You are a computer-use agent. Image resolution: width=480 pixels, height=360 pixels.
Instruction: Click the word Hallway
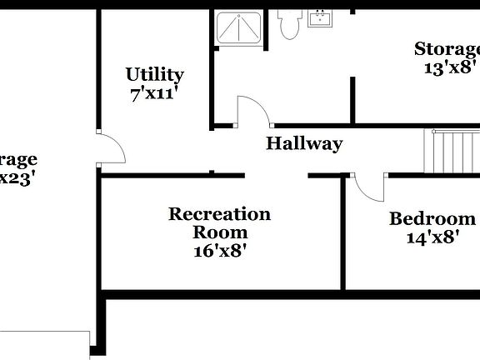coord(304,143)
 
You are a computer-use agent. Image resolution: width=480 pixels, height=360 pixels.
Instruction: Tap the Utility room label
coord(154,74)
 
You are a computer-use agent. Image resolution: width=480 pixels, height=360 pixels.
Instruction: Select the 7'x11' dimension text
coord(154,93)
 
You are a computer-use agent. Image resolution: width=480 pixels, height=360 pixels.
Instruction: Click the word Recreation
coord(219,214)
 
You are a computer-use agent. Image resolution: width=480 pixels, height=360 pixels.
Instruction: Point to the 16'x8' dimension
coord(219,249)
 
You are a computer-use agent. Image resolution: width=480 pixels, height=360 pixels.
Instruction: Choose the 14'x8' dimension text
coord(432,237)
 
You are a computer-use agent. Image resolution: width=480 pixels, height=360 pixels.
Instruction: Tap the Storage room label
coord(447,48)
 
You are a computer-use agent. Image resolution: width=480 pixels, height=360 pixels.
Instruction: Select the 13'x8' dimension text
coord(450,67)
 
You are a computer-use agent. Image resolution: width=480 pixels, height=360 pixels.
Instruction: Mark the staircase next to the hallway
coord(452,151)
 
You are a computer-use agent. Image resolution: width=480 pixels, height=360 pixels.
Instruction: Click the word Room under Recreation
coord(219,232)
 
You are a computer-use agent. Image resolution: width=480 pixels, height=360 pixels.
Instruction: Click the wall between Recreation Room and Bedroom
coord(342,233)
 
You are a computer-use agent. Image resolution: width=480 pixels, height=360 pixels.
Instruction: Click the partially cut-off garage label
coord(18,159)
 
